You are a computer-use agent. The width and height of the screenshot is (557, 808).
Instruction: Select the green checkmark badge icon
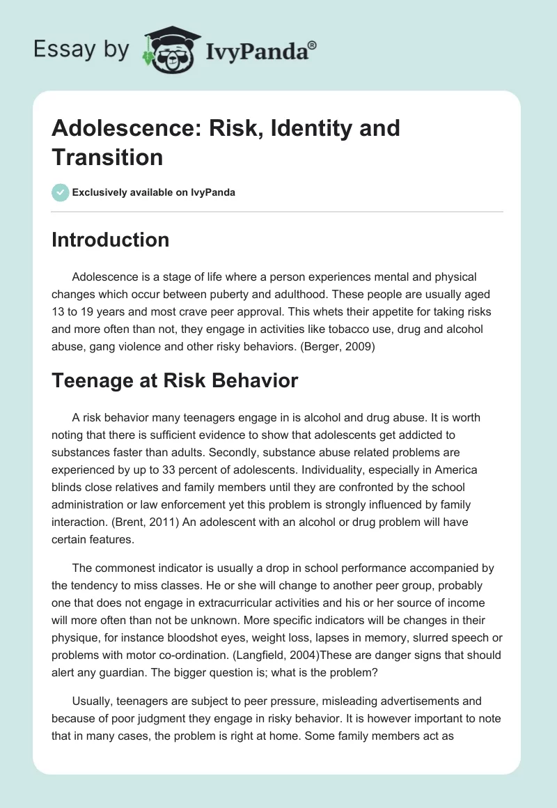coord(60,192)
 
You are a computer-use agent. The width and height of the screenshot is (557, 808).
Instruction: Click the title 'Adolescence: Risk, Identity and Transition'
coord(226,142)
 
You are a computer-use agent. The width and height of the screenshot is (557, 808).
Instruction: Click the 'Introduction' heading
coord(110,240)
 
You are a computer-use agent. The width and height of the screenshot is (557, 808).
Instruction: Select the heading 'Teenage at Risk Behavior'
coord(175,380)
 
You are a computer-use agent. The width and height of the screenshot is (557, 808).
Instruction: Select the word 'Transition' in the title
coord(107,157)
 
